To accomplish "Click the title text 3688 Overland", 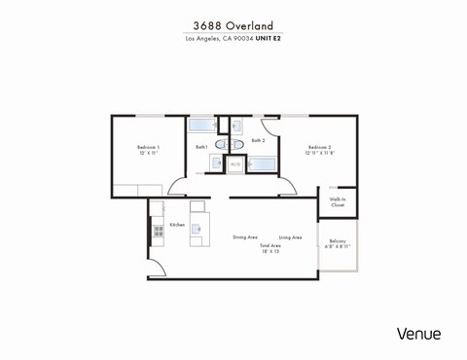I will click(233, 25).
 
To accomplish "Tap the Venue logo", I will click(418, 334).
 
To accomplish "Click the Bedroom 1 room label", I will click(148, 147).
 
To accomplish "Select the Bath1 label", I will click(201, 147).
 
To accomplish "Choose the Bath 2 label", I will click(258, 140).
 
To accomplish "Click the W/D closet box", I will click(235, 164).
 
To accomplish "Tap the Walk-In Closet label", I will click(338, 202).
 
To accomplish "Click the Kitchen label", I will click(177, 225).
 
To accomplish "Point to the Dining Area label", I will click(244, 237).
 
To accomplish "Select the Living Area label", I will click(290, 237).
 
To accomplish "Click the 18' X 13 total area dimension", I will click(269, 252).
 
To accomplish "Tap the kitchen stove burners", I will click(158, 232).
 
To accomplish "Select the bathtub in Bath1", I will click(201, 125).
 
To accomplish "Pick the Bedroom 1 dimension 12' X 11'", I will click(148, 153).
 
